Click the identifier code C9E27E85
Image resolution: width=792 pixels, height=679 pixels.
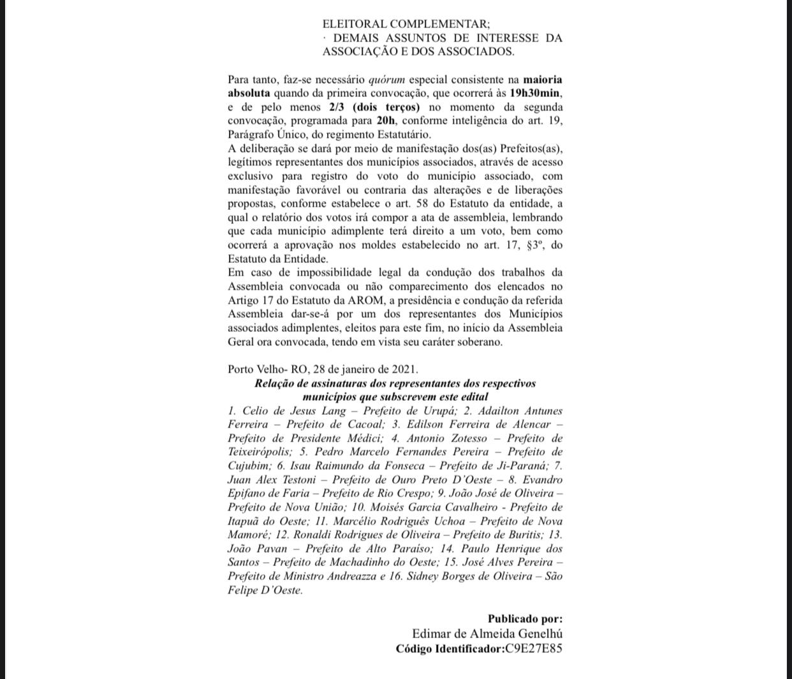pyautogui.click(x=534, y=649)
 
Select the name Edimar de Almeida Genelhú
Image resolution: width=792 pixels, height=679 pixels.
pyautogui.click(x=487, y=634)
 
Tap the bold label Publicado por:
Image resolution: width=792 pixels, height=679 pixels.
pyautogui.click(x=525, y=618)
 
